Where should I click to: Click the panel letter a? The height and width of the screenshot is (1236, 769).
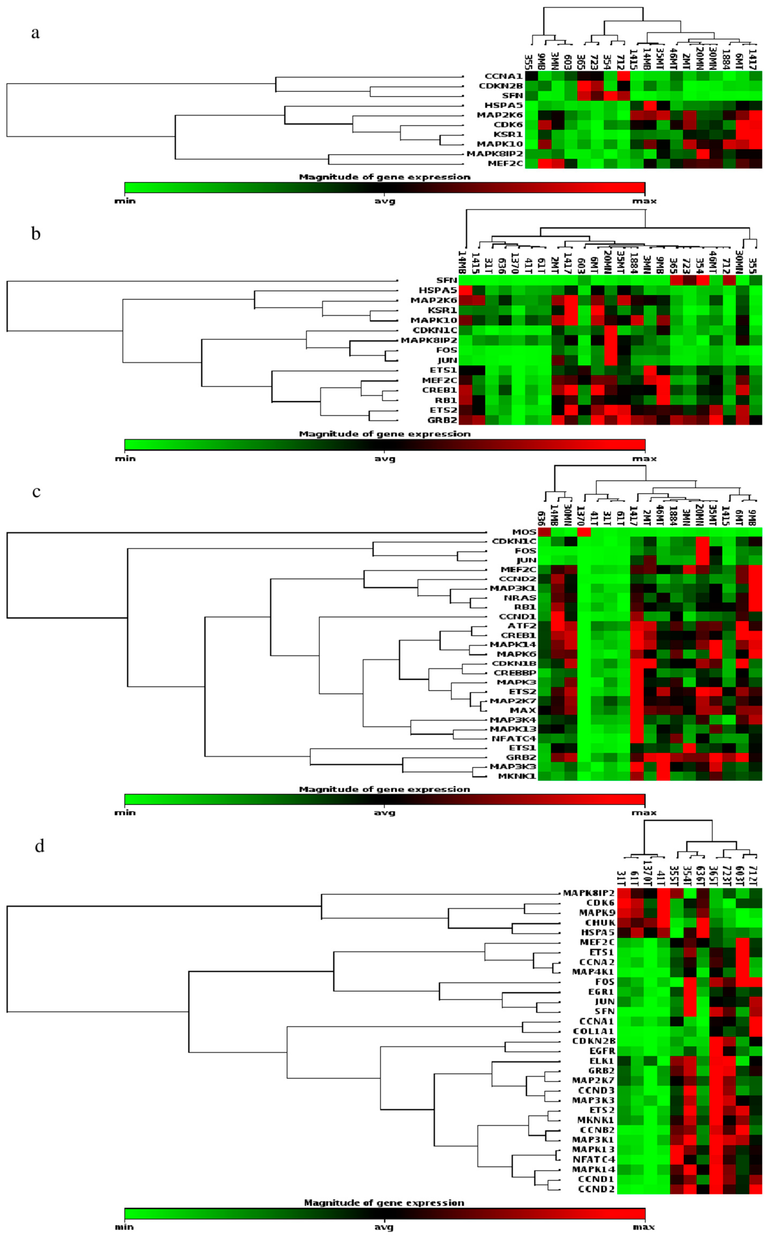pyautogui.click(x=35, y=33)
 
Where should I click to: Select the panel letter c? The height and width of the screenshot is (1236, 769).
pyautogui.click(x=36, y=492)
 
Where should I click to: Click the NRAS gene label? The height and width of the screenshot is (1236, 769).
pyautogui.click(x=520, y=598)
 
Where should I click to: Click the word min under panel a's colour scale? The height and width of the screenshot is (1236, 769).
pyautogui.click(x=125, y=201)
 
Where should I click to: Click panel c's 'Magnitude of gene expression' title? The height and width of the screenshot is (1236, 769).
pyautogui.click(x=385, y=789)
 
